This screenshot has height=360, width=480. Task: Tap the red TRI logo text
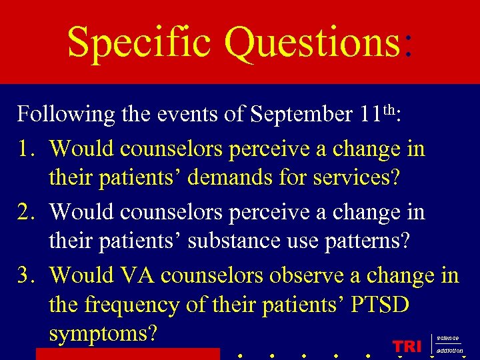click(407, 346)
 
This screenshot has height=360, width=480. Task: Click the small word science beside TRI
click(447, 338)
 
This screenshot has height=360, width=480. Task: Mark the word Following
click(66, 115)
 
